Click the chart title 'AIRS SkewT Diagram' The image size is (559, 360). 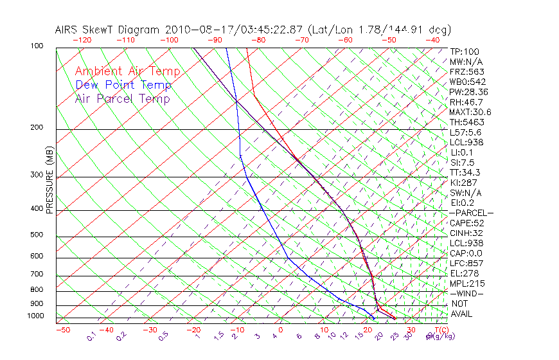point(108,30)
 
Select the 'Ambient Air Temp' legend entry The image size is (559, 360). point(127,71)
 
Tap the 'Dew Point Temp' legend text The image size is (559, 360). point(123,85)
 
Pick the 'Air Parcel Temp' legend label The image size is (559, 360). point(122,98)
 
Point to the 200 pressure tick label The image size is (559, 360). point(37,127)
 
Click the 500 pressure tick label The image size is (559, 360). point(37,235)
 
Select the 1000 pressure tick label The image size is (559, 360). point(35,316)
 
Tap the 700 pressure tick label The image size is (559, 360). point(37,274)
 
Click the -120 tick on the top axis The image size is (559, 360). point(82,40)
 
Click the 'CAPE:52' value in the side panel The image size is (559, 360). point(466,223)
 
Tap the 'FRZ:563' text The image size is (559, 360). point(466,72)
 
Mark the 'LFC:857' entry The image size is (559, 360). point(466,264)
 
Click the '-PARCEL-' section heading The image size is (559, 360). point(471,213)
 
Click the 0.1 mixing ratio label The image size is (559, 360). point(91,336)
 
